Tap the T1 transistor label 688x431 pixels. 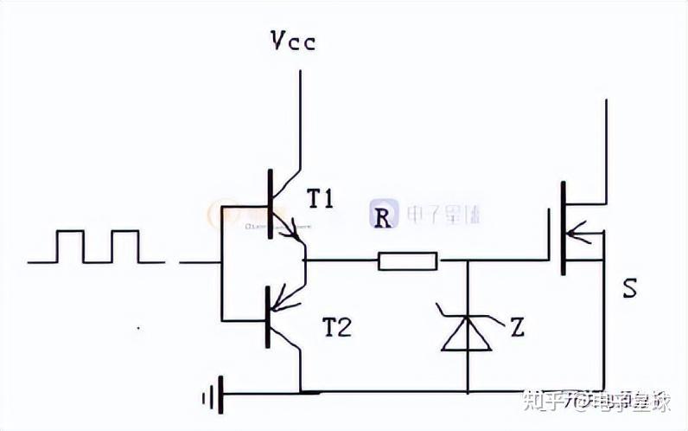pos(320,200)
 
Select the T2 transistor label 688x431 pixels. pos(338,326)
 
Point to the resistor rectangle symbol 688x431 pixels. pos(407,260)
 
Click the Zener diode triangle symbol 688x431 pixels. pos(467,335)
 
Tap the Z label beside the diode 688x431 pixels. pos(517,327)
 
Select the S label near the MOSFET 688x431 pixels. pos(629,289)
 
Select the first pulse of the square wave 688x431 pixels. pos(70,245)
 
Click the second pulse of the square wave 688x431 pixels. pos(124,245)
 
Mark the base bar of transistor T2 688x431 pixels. pos(267,318)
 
